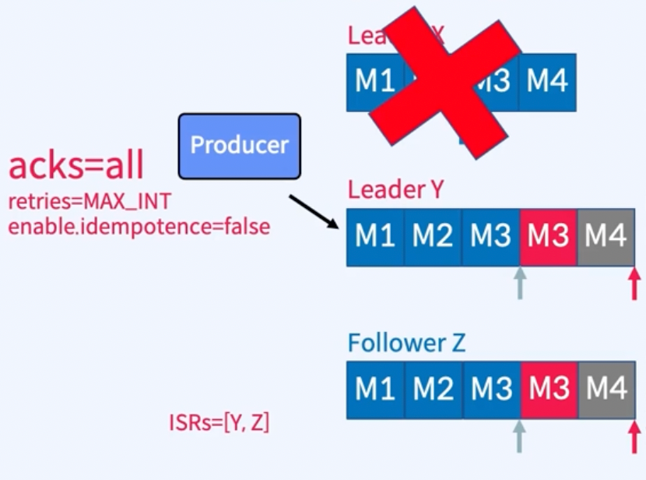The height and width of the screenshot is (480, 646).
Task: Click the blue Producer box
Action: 239,146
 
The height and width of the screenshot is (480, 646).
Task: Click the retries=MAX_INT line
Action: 90,203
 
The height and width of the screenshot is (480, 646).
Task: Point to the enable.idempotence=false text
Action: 139,227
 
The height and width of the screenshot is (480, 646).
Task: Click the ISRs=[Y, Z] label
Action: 219,423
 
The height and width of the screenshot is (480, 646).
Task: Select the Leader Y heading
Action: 395,189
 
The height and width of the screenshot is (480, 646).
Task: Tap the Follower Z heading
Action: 406,343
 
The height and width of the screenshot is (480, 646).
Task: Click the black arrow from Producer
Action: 314,211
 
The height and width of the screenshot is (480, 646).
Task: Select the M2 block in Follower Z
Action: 433,390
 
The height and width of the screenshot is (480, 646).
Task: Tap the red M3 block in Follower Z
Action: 548,390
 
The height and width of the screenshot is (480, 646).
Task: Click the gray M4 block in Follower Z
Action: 606,390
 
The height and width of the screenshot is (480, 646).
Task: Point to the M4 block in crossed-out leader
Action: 548,82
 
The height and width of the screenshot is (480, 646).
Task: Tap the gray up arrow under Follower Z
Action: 519,437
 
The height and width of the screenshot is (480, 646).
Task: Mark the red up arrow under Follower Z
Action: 634,437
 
